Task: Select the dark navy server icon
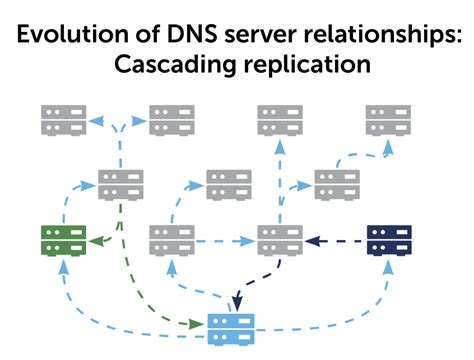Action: (388, 240)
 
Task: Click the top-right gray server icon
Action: (388, 120)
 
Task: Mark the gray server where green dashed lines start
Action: (121, 185)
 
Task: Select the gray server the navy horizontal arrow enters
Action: (279, 240)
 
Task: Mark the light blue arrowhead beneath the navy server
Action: (388, 265)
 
